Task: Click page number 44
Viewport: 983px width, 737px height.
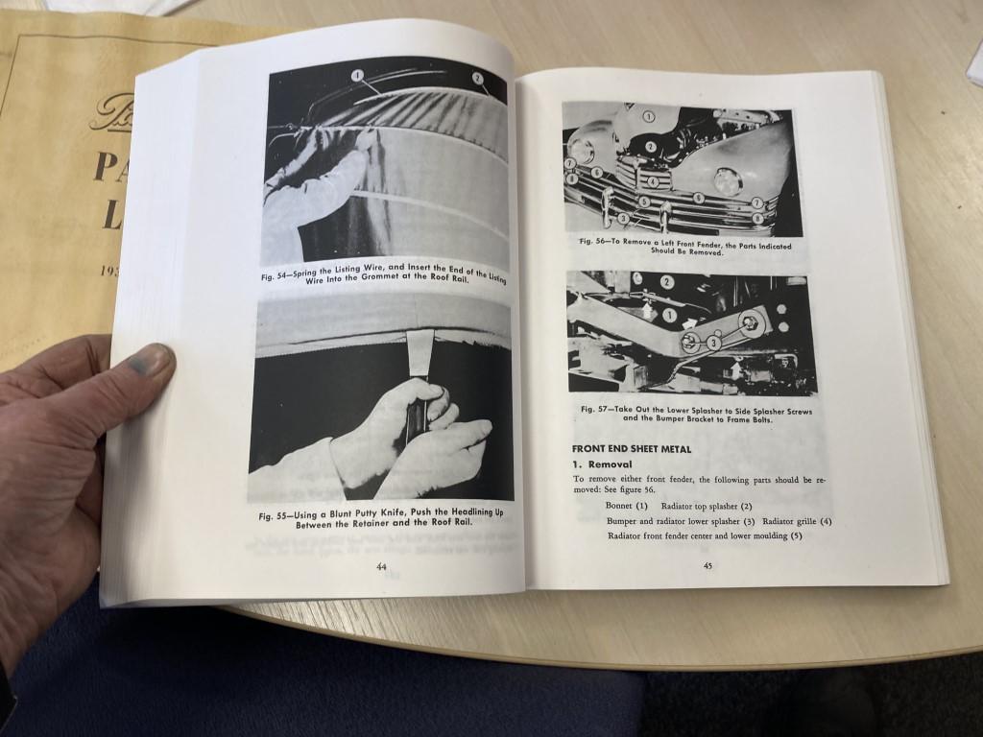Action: [381, 567]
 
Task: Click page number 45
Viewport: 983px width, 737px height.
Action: [707, 565]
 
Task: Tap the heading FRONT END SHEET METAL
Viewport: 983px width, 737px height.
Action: [632, 448]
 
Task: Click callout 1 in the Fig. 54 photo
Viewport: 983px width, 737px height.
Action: [356, 75]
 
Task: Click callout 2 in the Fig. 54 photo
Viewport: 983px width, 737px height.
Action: [477, 78]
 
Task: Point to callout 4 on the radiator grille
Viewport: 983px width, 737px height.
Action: [653, 180]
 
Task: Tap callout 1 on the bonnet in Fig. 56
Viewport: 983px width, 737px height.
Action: [648, 117]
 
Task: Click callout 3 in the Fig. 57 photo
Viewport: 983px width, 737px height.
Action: [713, 343]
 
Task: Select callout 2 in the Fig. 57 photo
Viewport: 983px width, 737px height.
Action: [666, 282]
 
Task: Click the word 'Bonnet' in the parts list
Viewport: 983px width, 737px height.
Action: [619, 506]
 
